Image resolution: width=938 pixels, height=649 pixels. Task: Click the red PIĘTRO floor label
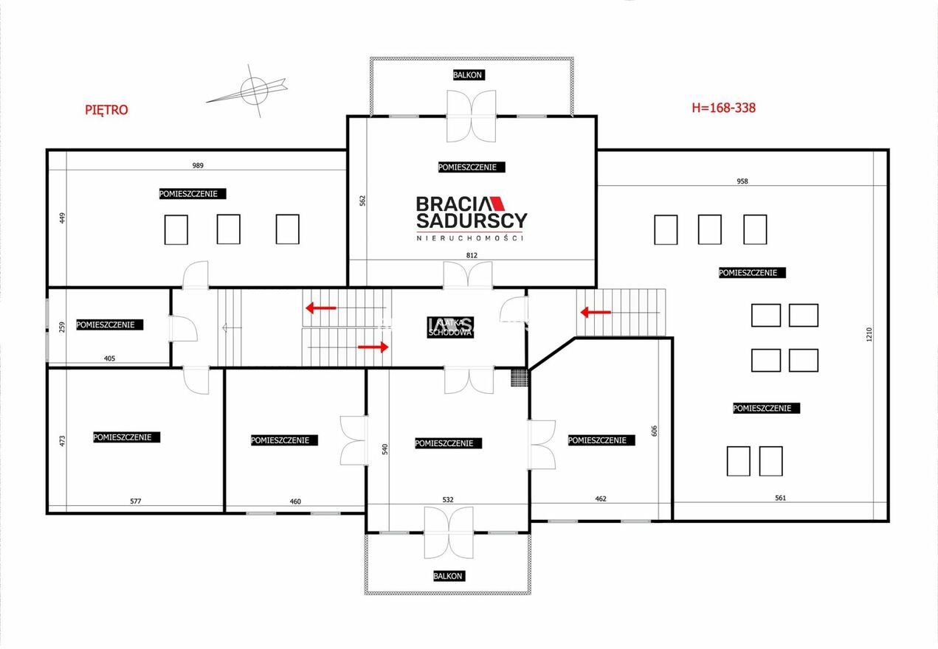106,110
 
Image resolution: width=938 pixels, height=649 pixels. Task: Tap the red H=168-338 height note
723,108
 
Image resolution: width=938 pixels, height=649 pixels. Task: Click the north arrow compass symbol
252,91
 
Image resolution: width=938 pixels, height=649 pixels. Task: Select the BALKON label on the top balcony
467,75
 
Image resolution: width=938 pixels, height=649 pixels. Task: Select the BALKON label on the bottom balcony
448,576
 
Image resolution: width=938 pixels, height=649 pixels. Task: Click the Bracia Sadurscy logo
471,218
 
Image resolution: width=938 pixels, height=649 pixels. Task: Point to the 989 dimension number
198,165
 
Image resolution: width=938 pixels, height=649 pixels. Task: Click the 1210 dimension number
869,334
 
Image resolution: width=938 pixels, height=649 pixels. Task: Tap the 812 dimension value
472,255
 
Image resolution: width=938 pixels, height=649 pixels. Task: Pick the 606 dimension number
654,431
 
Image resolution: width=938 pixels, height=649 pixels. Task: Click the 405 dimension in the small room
109,358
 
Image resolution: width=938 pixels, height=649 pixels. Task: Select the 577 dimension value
136,501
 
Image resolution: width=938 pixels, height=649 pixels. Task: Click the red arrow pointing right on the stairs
373,347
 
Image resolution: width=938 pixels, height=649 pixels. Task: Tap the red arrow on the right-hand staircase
596,312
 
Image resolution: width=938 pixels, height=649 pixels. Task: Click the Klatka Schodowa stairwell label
451,327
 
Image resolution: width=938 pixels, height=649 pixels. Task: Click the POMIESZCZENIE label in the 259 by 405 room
109,324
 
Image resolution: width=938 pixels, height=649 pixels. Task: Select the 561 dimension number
781,498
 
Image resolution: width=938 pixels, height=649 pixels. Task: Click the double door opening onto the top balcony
472,116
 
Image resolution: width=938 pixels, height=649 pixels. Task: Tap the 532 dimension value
448,499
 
